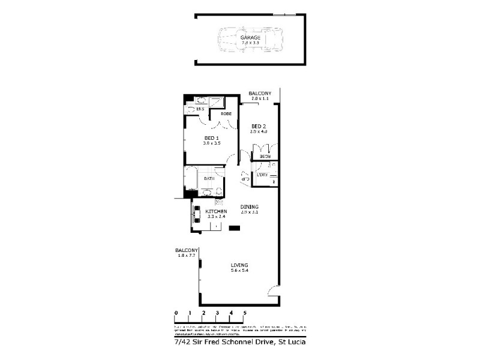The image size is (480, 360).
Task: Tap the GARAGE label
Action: [x=250, y=38]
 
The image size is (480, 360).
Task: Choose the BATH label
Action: [x=209, y=179]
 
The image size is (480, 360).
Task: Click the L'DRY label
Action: [x=263, y=175]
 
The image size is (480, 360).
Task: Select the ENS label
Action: [x=200, y=109]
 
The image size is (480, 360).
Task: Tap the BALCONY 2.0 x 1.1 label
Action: [x=260, y=95]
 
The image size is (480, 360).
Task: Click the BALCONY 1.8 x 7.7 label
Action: [x=186, y=253]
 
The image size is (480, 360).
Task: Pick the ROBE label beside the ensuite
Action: [x=226, y=113]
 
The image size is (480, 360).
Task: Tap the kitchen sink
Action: [x=197, y=214]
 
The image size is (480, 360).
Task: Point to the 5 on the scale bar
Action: [x=245, y=313]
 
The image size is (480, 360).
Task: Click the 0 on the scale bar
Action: [x=176, y=313]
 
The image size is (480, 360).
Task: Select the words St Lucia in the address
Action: [x=292, y=342]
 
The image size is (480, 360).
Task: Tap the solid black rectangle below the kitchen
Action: [x=234, y=227]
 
